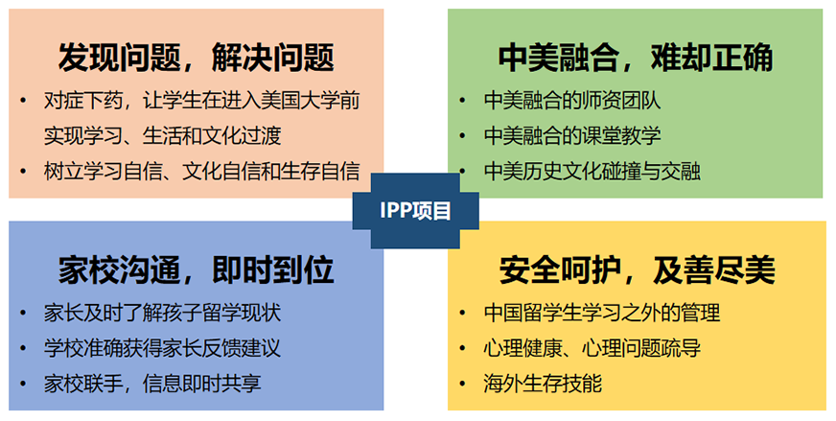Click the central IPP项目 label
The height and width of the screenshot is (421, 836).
click(x=415, y=211)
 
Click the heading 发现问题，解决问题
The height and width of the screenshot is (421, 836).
click(x=197, y=58)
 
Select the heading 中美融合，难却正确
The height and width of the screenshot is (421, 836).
click(x=636, y=58)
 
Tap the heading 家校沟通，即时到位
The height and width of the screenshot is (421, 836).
click(x=197, y=270)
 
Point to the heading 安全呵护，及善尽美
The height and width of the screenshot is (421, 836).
click(x=638, y=270)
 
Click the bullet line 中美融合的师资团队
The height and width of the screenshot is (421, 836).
click(x=572, y=101)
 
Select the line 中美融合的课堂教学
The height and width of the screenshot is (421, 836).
click(x=572, y=135)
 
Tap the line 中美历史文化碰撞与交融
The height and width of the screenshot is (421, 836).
click(x=592, y=172)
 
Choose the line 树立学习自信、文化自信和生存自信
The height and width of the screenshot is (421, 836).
click(x=201, y=172)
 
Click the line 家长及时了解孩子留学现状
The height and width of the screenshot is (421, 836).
click(x=162, y=313)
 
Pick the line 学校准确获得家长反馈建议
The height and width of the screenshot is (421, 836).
click(x=162, y=348)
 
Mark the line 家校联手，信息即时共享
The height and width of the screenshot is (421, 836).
click(x=152, y=384)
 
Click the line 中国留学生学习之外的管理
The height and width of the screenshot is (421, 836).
click(x=602, y=313)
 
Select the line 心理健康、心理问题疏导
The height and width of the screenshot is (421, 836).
click(x=592, y=348)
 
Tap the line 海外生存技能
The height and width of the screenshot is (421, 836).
click(x=543, y=384)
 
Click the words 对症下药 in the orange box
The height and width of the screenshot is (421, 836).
click(x=83, y=101)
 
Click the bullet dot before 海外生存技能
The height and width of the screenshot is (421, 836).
click(x=462, y=384)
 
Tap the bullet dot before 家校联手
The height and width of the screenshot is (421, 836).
click(x=23, y=384)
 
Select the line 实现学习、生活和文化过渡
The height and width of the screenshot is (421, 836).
click(x=162, y=135)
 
